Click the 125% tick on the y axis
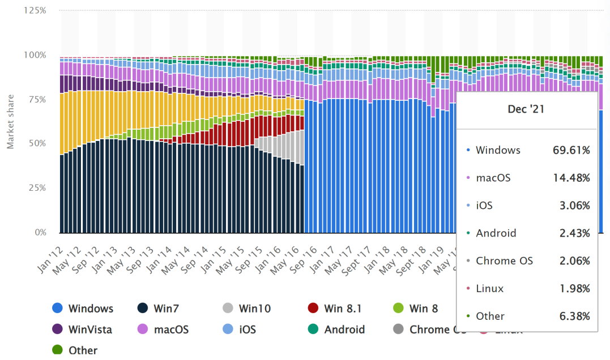pos(35,11)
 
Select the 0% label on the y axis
pos(40,232)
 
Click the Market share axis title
pos(10,122)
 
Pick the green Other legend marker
pos(57,350)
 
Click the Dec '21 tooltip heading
pos(526,109)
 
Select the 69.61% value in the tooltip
pos(571,151)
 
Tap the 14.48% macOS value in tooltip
pos(571,178)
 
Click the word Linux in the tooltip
pos(490,289)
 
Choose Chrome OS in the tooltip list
pos(504,261)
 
